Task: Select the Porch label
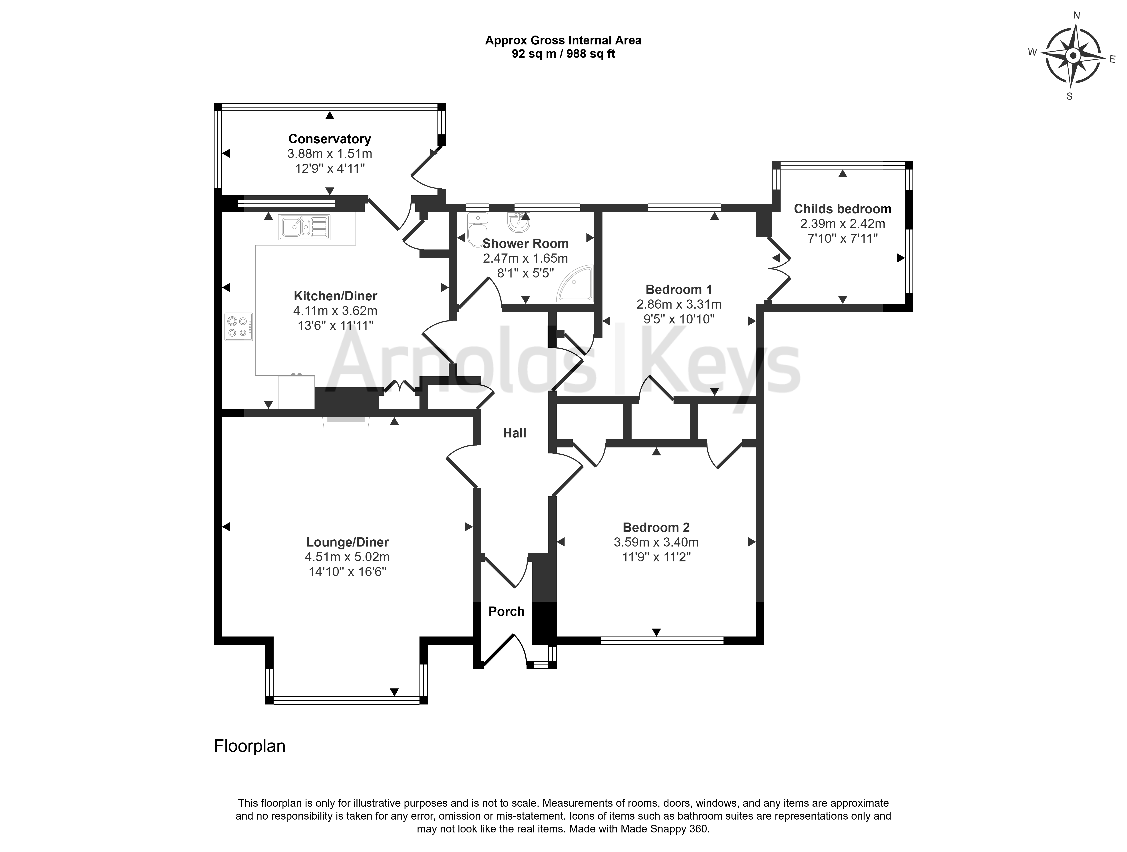tap(507, 611)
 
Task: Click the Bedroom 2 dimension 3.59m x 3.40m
tap(656, 542)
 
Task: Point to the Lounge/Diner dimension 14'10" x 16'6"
tap(348, 572)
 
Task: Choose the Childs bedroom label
tap(843, 209)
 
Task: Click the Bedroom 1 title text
tap(679, 289)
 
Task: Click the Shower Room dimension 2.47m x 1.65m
tap(525, 258)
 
